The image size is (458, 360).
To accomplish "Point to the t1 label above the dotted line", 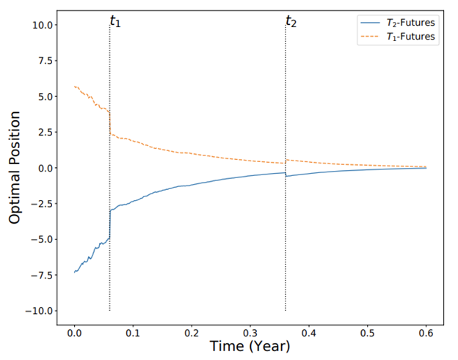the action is coord(115,21).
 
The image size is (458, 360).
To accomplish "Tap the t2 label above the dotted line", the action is coord(291,21).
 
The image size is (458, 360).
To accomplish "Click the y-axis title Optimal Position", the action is coord(15,167).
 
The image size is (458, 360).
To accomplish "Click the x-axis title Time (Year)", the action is coord(250,346).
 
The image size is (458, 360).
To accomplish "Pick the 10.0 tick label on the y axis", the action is coord(43,25).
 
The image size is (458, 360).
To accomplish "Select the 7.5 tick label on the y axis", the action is coord(46,61).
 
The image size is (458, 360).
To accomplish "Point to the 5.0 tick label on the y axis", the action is coord(46,97).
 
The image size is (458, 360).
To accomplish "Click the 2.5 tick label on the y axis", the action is coord(46,132).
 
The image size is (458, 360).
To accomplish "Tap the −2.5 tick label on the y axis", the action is coord(42,204).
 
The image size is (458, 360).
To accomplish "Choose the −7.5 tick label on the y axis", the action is coord(42,275).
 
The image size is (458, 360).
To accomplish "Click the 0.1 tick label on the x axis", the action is coord(133,333).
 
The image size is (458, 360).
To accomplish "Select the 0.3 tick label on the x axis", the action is coord(250,333).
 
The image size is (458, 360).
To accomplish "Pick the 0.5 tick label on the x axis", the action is coord(368,333).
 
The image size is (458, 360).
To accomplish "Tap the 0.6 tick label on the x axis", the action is coord(426,333).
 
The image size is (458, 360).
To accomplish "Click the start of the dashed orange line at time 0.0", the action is coord(74,87).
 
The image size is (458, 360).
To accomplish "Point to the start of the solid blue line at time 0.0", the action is coord(74,272).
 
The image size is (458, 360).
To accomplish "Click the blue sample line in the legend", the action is coord(371,23).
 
